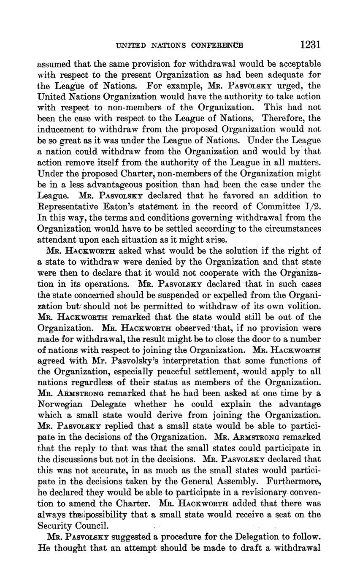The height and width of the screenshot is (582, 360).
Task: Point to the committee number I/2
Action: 311,207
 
